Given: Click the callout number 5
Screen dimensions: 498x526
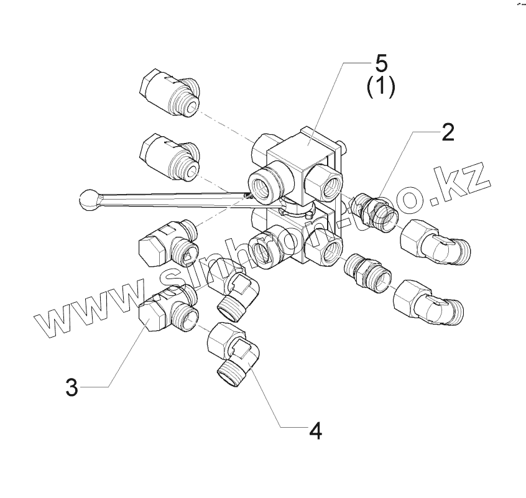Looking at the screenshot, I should [x=380, y=63].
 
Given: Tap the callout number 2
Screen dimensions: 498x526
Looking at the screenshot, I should [x=446, y=132].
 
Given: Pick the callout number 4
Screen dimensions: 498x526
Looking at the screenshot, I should [x=316, y=430].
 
